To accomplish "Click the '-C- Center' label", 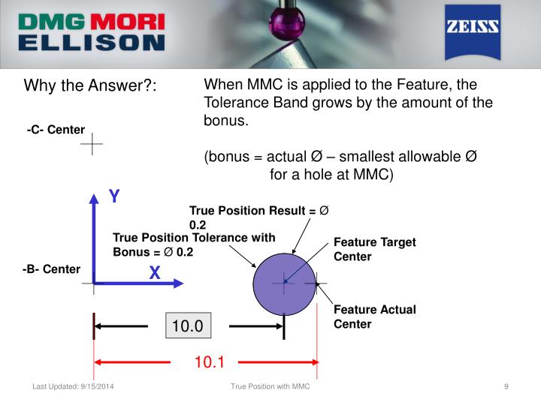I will (55, 130).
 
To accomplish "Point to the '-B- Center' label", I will (51, 268).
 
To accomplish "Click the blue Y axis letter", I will (114, 196).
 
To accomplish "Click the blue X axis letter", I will (155, 274).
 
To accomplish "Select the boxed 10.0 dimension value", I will (189, 326).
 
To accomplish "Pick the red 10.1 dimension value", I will (209, 362).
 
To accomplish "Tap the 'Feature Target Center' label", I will (374, 249).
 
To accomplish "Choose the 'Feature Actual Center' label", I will (374, 316).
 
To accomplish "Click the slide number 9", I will (506, 386).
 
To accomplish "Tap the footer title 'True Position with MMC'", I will (270, 386).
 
